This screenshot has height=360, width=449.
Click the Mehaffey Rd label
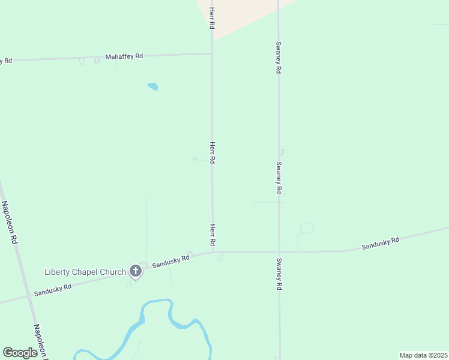click(124, 56)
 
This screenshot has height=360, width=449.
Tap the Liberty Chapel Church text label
click(85, 272)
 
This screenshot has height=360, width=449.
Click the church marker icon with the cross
click(136, 272)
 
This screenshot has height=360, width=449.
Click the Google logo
click(20, 353)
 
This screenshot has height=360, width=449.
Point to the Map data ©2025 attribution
click(423, 355)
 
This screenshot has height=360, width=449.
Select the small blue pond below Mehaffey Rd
click(152, 86)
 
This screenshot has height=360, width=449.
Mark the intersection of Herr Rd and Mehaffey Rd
click(212, 54)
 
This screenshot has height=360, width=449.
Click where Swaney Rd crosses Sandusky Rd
click(279, 251)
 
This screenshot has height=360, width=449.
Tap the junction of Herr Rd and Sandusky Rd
click(212, 252)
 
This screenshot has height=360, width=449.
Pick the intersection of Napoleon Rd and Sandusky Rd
click(29, 296)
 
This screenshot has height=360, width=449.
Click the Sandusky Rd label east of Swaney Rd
click(380, 244)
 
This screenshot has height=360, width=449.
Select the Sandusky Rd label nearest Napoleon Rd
click(53, 289)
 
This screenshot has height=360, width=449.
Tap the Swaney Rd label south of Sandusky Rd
click(279, 274)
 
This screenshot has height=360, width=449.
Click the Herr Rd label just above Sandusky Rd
click(212, 235)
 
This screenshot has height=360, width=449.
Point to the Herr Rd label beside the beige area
click(212, 19)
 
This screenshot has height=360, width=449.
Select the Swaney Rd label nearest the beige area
click(279, 57)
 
